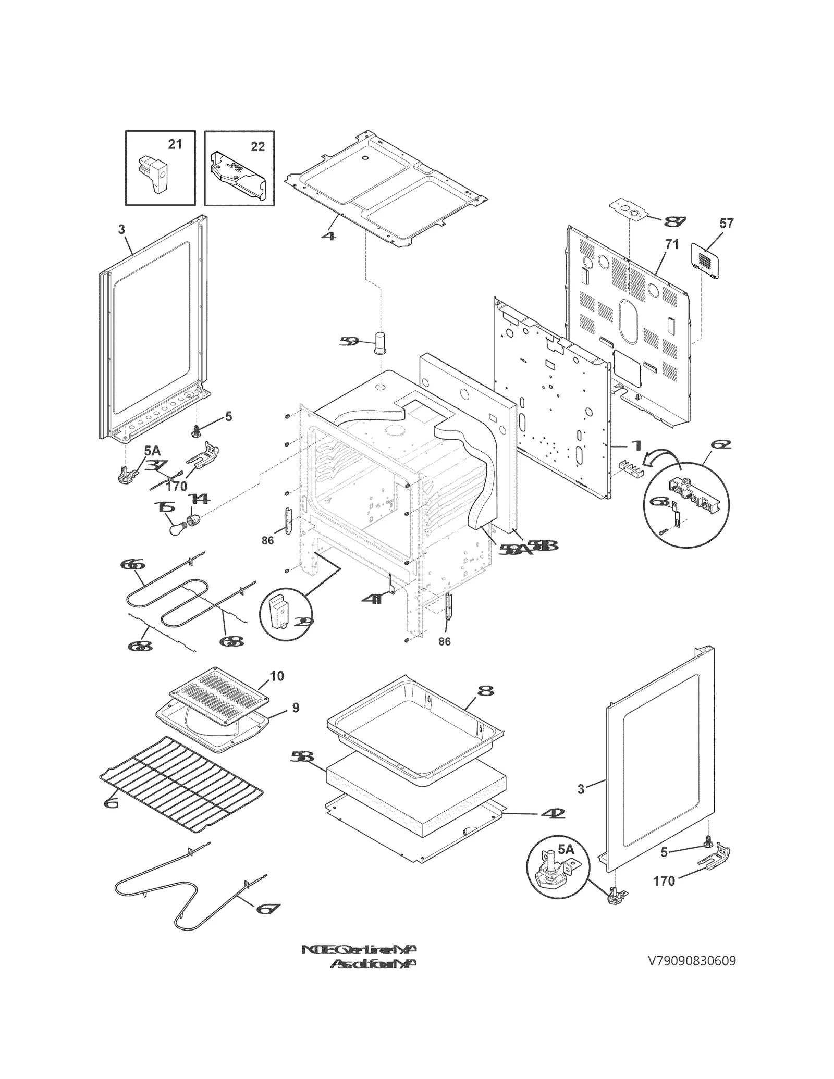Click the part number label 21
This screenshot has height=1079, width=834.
[x=175, y=144]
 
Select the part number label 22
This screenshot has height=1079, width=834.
[x=257, y=147]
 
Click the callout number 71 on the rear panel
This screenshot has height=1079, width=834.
[x=672, y=244]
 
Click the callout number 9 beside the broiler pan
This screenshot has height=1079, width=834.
[x=296, y=708]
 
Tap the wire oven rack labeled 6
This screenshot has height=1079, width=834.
[x=180, y=775]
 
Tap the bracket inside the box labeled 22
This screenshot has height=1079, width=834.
[x=237, y=177]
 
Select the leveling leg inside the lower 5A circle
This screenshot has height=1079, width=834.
[x=552, y=871]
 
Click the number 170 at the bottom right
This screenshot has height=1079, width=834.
[x=664, y=882]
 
